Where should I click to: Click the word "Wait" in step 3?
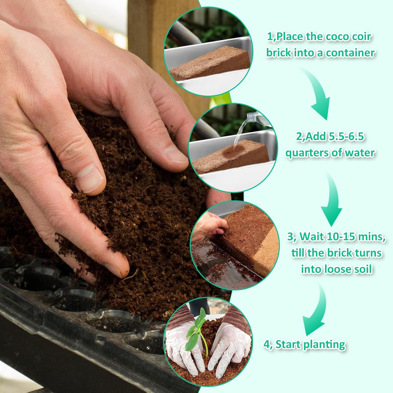coord(312,237)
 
